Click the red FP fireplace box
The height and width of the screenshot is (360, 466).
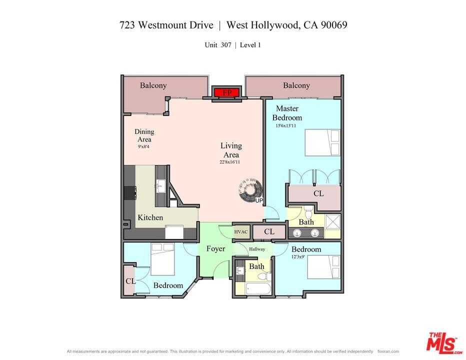(227, 92)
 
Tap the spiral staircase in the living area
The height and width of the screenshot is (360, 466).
(250, 190)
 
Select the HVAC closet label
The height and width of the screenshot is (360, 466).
(240, 232)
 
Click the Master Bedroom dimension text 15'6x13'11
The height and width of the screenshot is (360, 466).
(285, 125)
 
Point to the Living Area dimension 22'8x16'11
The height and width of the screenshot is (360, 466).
(229, 162)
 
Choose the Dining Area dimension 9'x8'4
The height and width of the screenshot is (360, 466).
(143, 146)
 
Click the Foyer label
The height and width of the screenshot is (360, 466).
(216, 248)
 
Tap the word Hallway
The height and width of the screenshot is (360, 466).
(257, 249)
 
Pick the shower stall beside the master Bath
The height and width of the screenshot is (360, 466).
(332, 222)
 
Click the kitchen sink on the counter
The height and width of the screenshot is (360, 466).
(161, 186)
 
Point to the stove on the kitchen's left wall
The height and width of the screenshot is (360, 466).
(130, 192)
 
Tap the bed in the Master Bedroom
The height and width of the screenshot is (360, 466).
(322, 142)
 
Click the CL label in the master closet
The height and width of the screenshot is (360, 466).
(318, 193)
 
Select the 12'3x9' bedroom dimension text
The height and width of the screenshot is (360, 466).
(298, 257)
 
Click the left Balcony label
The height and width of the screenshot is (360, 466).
(153, 85)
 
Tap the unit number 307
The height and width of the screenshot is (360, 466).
(226, 45)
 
